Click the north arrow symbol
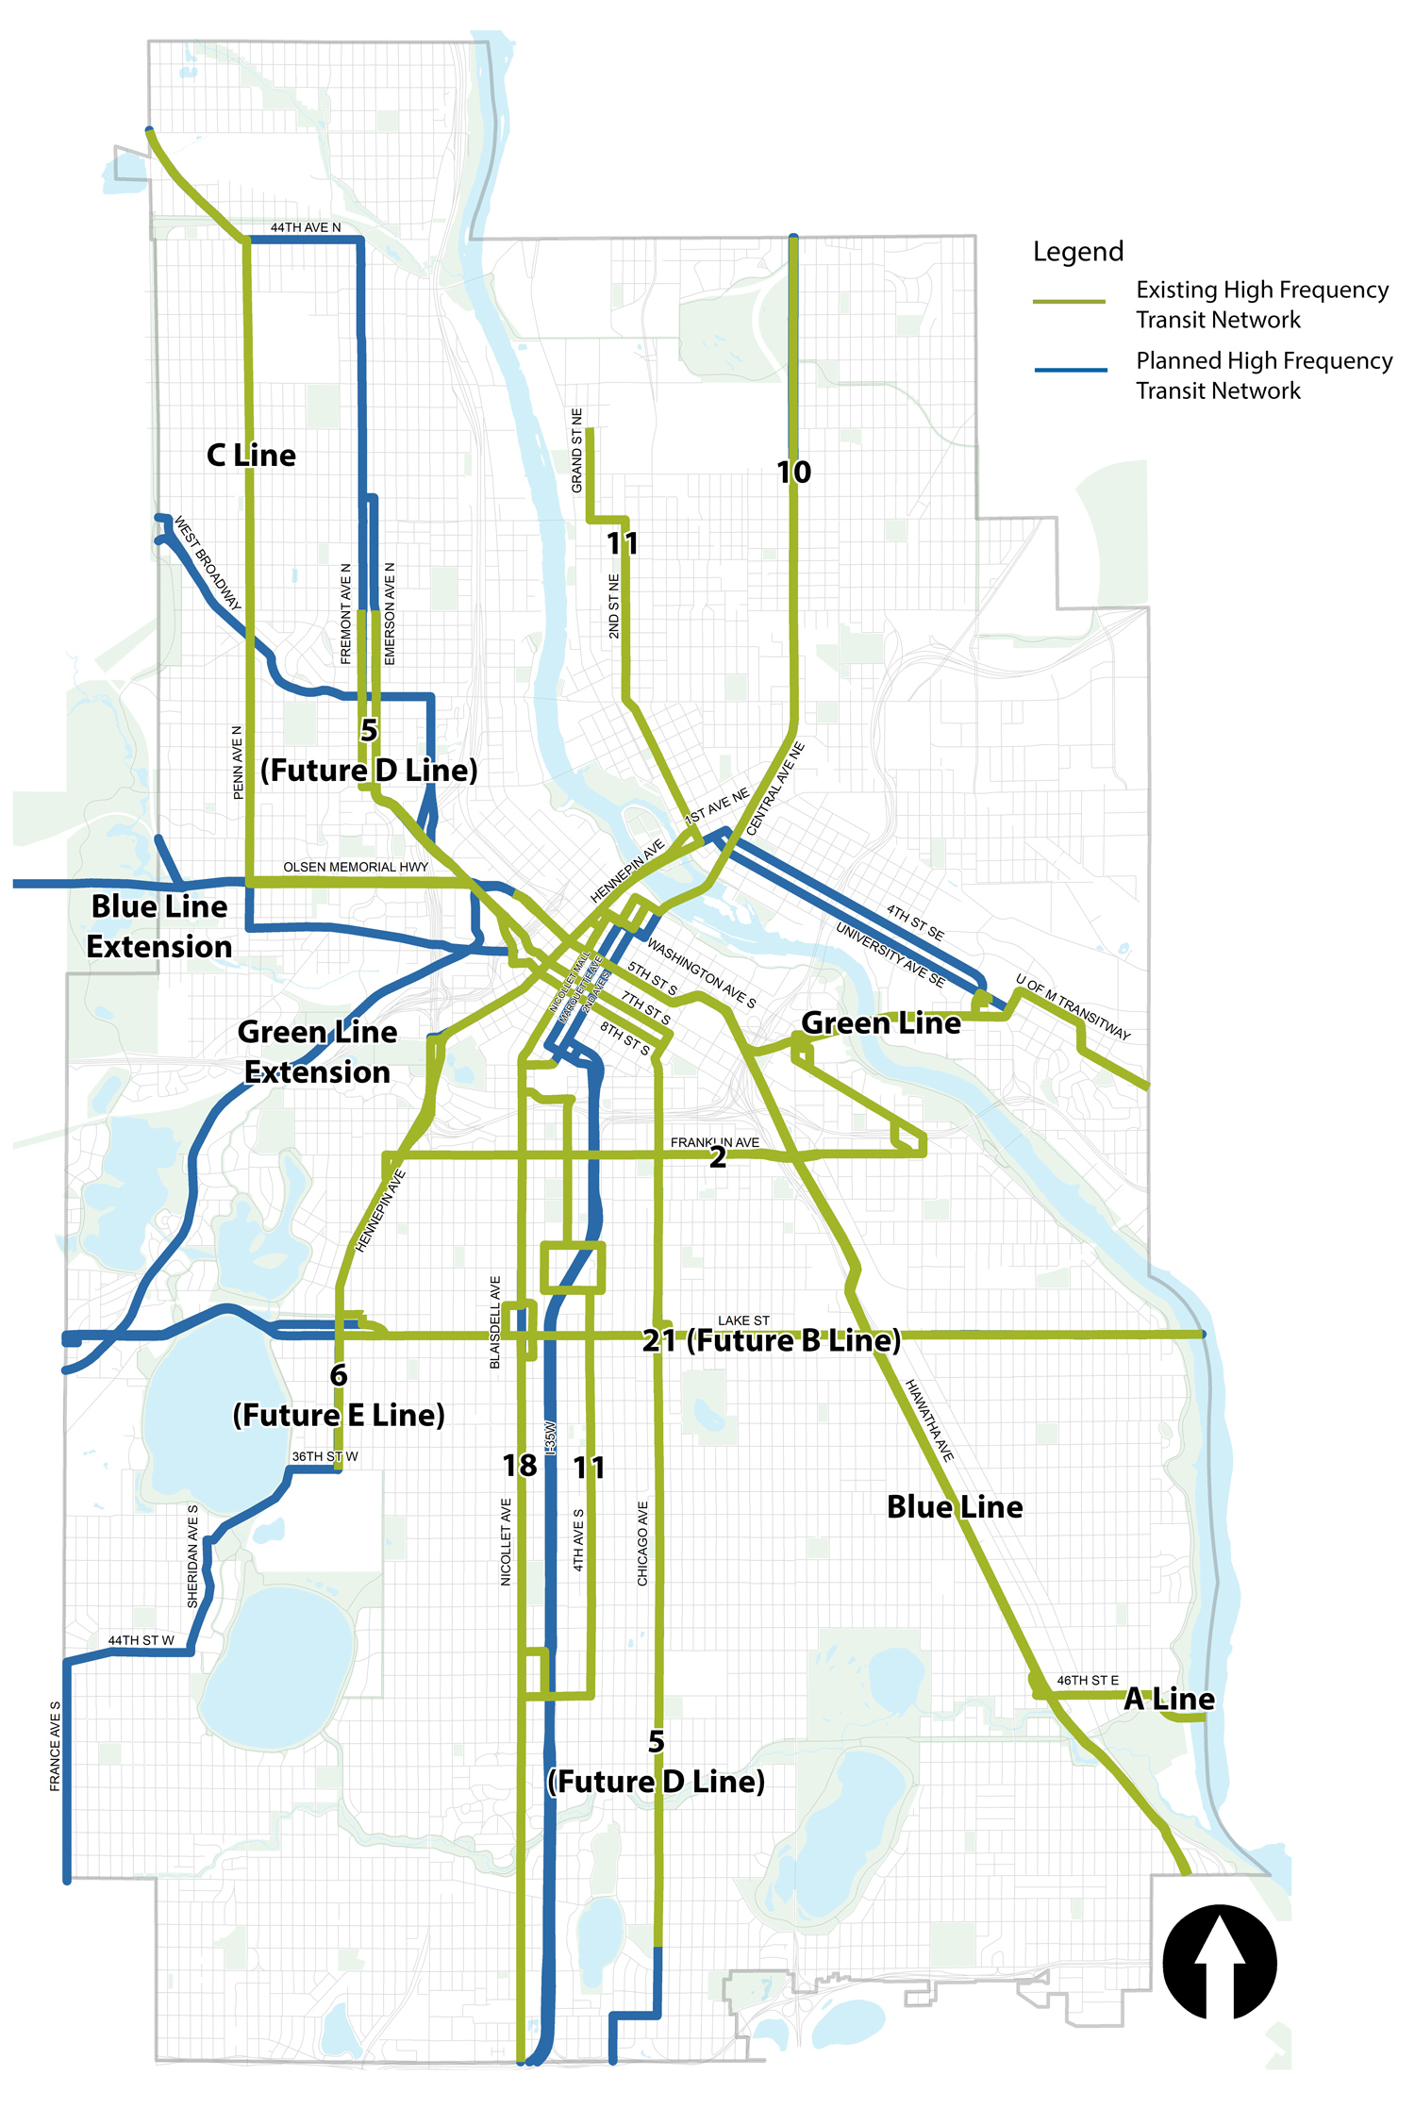click(x=1219, y=1962)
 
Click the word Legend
click(x=1077, y=252)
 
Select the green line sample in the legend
click(x=1069, y=302)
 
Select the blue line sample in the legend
click(x=1070, y=370)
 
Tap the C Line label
click(x=251, y=456)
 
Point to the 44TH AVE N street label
click(x=306, y=227)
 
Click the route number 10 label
click(x=793, y=472)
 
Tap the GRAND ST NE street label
click(x=576, y=451)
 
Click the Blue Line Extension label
click(x=158, y=926)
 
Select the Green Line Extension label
click(x=317, y=1052)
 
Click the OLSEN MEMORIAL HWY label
click(x=356, y=867)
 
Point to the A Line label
click(x=1169, y=1699)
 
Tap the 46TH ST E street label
click(x=1087, y=1680)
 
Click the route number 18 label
click(x=519, y=1466)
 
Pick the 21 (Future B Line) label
click(x=771, y=1340)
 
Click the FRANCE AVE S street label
click(x=55, y=1746)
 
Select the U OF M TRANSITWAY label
click(x=1073, y=1006)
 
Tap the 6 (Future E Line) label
click(x=338, y=1396)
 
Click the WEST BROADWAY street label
click(x=208, y=563)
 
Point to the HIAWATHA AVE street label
click(x=929, y=1420)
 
